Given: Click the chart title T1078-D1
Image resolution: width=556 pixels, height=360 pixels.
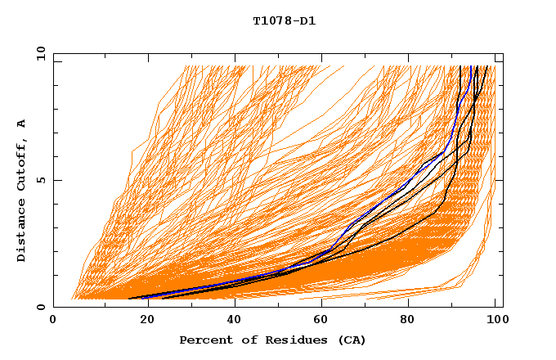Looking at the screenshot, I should [x=285, y=20].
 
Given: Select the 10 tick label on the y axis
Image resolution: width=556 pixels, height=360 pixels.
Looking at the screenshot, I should [x=38, y=53].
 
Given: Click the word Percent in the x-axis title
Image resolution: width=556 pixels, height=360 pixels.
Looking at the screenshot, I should [x=203, y=340].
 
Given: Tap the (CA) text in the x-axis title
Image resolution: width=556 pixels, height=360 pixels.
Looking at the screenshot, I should [x=352, y=340].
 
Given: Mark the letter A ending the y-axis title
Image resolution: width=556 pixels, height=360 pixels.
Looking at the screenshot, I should [x=22, y=124].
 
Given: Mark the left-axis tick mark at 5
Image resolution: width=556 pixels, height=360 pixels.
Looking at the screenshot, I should [x=56, y=180].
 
